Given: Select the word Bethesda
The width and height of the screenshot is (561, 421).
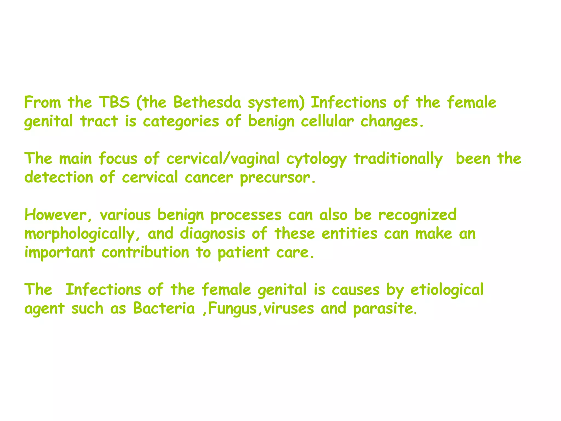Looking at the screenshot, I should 207,103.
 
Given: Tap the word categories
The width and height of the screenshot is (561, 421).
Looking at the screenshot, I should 181,121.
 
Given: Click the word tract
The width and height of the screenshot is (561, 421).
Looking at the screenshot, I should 99,121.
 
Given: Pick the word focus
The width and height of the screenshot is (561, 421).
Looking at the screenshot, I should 118,159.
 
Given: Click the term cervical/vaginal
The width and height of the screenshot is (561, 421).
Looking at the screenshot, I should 223,159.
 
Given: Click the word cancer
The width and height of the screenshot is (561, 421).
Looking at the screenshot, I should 209,178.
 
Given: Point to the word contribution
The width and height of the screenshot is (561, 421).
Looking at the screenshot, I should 145,252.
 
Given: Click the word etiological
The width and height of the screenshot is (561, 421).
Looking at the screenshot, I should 447,290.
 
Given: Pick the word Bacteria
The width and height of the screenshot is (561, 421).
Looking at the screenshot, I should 164,308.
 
